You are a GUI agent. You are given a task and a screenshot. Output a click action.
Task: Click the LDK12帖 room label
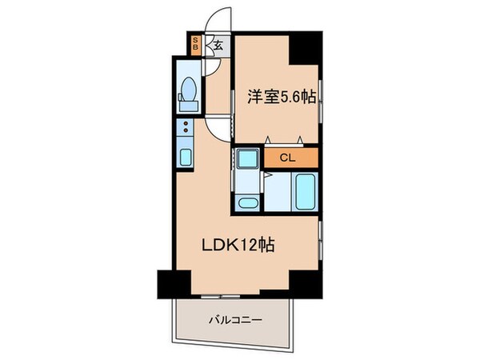[240, 246]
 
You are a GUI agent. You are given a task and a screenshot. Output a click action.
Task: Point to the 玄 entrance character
[217, 46]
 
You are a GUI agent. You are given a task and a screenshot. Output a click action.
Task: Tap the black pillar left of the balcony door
[174, 283]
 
